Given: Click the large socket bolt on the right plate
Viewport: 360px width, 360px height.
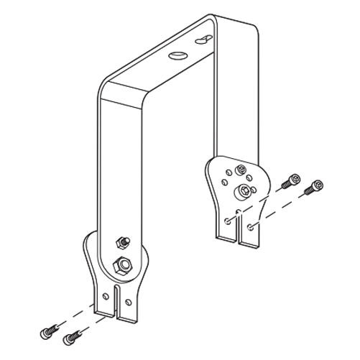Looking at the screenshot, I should (x=245, y=190).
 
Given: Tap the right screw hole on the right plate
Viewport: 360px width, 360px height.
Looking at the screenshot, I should (x=249, y=226).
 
